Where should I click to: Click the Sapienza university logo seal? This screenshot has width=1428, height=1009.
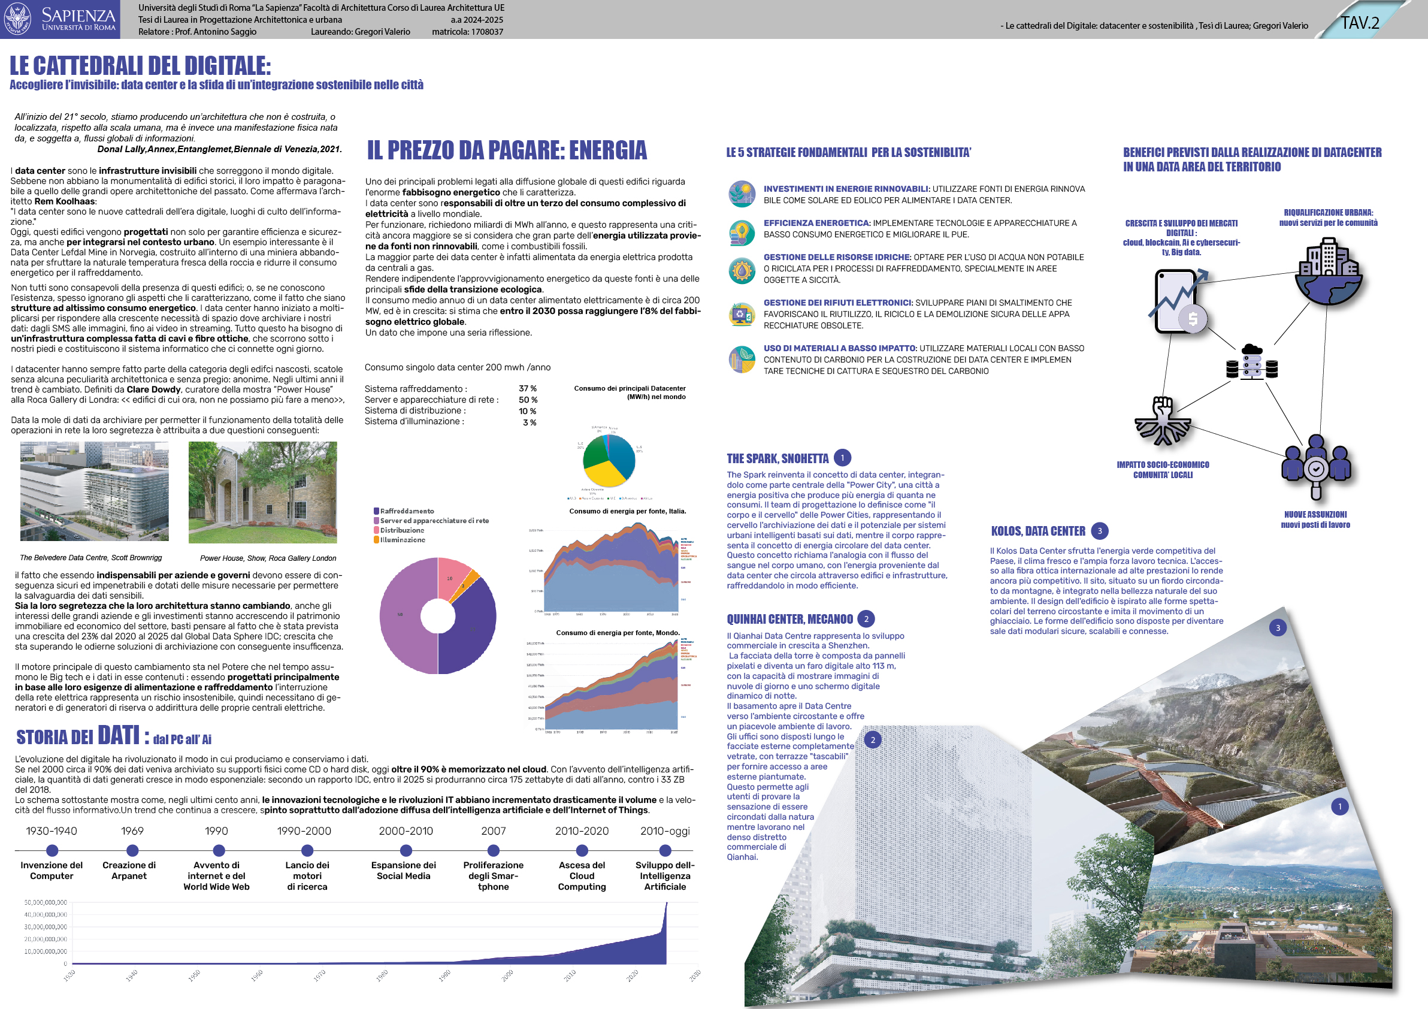pos(17,19)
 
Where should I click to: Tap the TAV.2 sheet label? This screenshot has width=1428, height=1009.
pos(1360,23)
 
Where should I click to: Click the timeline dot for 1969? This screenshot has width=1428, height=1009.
pos(132,850)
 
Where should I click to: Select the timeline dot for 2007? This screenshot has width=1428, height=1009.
pos(493,850)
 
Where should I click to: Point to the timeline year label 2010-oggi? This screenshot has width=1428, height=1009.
pos(665,831)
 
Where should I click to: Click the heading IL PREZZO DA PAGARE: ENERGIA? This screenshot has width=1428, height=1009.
pos(507,150)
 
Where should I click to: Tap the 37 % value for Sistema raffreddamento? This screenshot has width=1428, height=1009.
pos(528,389)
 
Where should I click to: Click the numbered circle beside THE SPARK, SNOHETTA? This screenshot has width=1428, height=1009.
pos(842,458)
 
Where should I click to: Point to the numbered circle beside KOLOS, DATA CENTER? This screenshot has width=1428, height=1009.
pos(1100,531)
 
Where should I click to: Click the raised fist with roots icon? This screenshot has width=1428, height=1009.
pos(1163,421)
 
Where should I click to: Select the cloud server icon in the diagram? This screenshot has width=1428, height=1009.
pos(1251,362)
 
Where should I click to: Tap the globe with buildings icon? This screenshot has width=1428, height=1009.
pos(1328,273)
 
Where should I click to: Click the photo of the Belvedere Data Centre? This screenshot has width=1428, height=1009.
pos(94,491)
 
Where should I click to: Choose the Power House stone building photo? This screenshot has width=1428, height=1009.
pos(262,491)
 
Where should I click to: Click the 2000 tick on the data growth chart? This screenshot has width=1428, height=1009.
pos(507,974)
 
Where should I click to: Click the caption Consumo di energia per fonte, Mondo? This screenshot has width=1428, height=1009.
pos(618,633)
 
